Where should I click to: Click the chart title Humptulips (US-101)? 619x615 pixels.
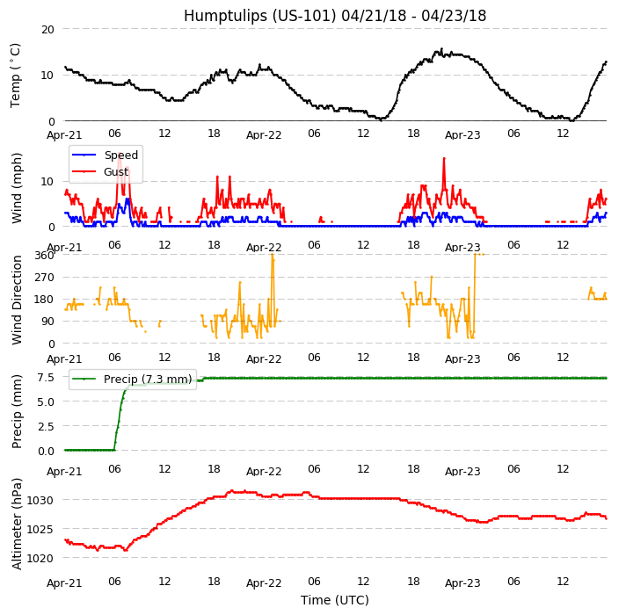(x=334, y=16)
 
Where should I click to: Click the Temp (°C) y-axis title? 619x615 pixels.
(x=16, y=75)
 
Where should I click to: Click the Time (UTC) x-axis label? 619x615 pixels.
(x=334, y=600)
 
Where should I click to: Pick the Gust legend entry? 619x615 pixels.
(x=117, y=172)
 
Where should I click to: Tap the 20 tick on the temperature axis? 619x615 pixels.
(x=47, y=29)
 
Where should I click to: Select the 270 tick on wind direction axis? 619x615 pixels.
(x=44, y=277)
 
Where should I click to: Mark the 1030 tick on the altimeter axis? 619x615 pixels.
(x=40, y=500)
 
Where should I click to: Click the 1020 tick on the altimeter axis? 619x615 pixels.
(x=40, y=557)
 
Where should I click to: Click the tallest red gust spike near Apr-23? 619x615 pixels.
(x=444, y=159)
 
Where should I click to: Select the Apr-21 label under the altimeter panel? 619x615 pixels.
(x=64, y=582)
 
